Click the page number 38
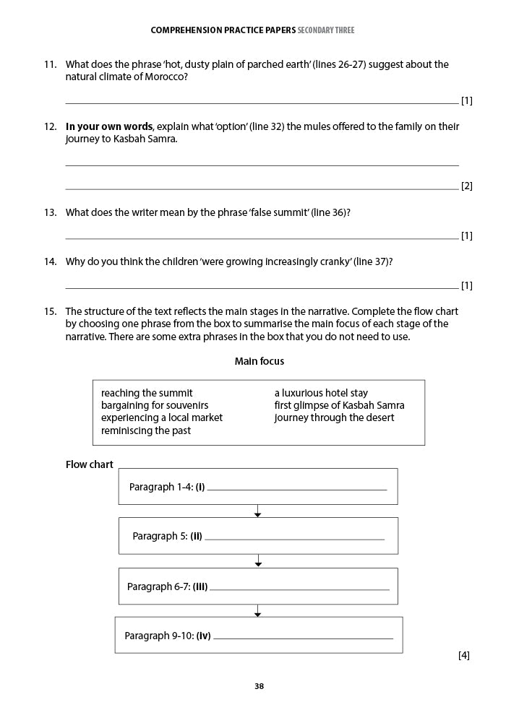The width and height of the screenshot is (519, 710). click(259, 686)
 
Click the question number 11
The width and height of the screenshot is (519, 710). click(50, 64)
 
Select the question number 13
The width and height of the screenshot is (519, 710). click(50, 212)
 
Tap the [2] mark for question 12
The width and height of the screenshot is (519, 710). click(466, 186)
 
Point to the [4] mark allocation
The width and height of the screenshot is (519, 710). click(463, 655)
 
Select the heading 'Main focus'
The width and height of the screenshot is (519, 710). click(259, 361)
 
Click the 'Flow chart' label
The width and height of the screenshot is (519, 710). click(89, 464)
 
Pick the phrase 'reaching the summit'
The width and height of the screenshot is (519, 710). click(147, 393)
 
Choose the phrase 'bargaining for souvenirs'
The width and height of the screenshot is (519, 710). click(155, 405)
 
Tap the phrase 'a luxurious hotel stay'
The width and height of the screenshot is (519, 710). click(321, 393)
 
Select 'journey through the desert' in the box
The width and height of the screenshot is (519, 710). click(334, 417)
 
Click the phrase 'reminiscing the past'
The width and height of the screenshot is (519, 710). click(146, 430)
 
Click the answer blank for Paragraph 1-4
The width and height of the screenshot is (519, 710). click(296, 488)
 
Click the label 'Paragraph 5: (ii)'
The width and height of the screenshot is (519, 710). click(167, 536)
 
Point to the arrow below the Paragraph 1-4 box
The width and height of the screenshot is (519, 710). click(257, 511)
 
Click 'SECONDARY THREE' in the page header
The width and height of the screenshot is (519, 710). click(326, 30)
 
